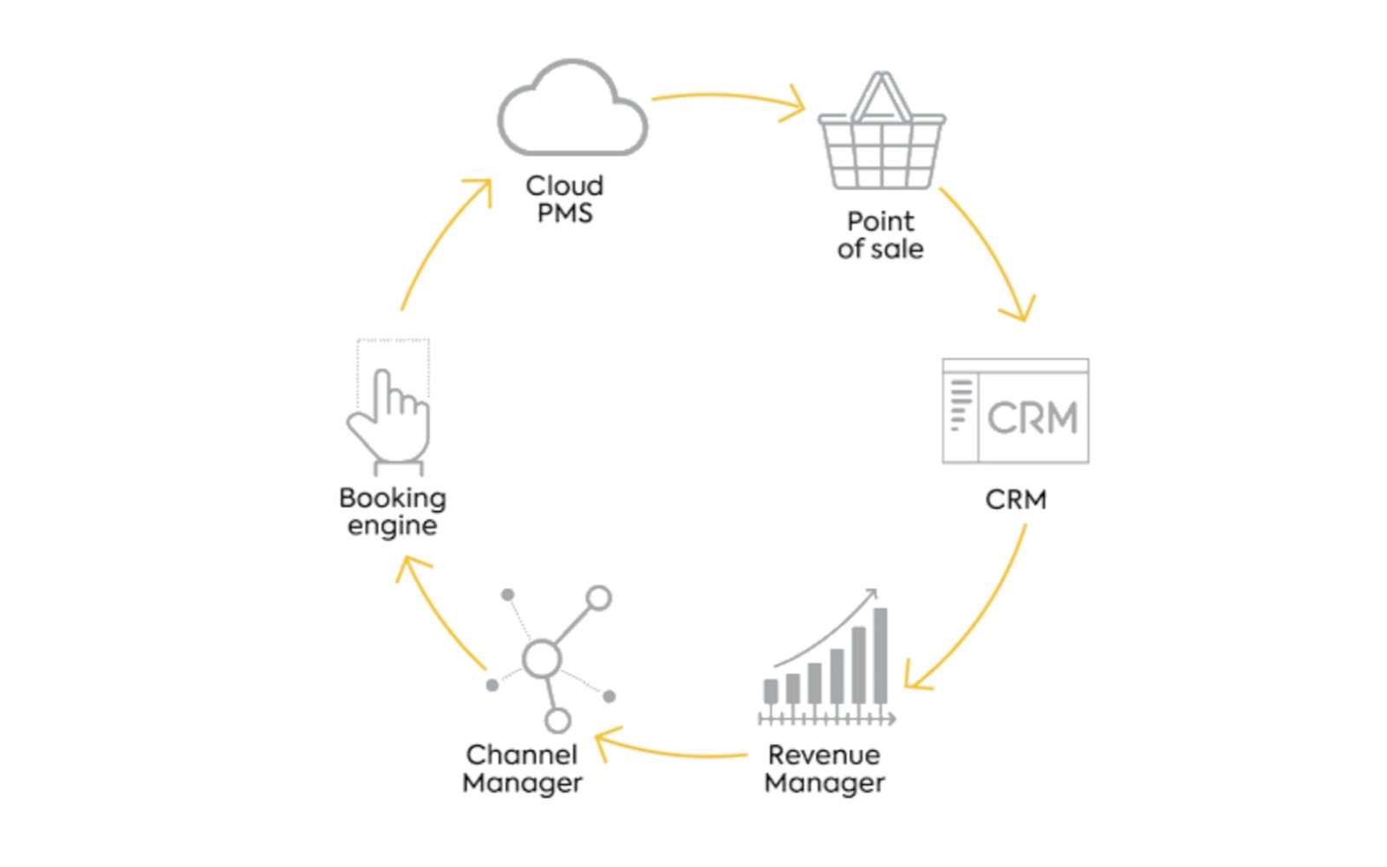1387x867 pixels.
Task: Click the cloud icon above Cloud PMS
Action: click(x=572, y=111)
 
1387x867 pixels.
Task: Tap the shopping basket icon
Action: click(x=881, y=139)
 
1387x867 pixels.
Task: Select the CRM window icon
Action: click(x=1015, y=411)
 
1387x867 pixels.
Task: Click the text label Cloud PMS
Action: click(x=564, y=199)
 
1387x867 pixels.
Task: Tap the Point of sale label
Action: click(x=880, y=235)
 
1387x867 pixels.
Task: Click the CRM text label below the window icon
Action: click(x=1015, y=499)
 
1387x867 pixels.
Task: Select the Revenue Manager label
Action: click(x=824, y=768)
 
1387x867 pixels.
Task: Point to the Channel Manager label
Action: click(x=522, y=768)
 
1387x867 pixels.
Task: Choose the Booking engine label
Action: click(x=392, y=512)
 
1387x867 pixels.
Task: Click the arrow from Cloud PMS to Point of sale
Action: click(x=728, y=97)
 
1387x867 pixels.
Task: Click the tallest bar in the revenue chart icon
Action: click(x=880, y=655)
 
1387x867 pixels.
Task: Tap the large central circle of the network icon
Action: click(x=542, y=659)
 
